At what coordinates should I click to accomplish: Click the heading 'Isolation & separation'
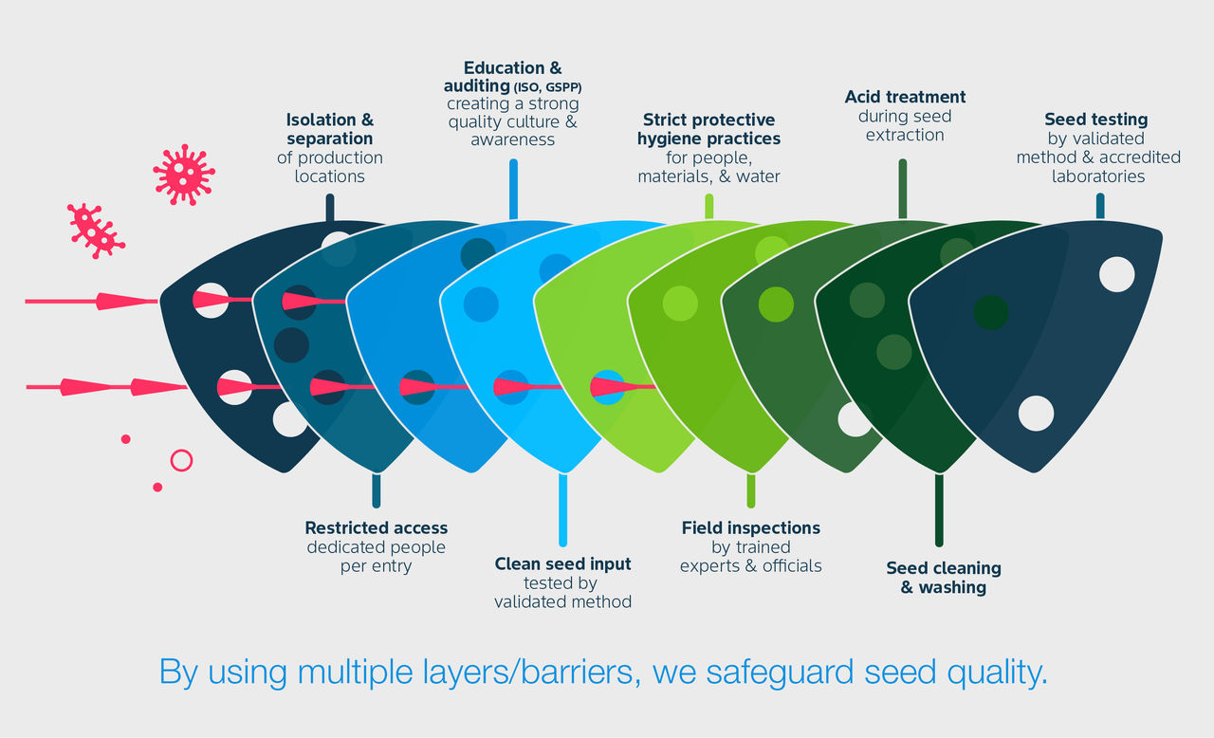(330, 130)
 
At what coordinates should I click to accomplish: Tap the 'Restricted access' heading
(376, 527)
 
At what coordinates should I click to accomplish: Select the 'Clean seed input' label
(562, 563)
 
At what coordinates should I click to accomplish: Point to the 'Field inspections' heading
(750, 527)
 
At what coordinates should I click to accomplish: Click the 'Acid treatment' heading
(905, 97)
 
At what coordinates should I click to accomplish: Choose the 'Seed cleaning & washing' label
(943, 578)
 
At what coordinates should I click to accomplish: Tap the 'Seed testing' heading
(1095, 120)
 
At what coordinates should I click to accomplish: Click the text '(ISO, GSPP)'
(547, 87)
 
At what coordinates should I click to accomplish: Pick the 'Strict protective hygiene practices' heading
(708, 129)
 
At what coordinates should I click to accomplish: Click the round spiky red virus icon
(183, 174)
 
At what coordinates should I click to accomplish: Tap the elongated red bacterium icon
(95, 230)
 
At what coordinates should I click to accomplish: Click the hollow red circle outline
(181, 460)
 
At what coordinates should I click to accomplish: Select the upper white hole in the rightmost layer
(1116, 274)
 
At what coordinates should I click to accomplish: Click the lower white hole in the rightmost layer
(1036, 414)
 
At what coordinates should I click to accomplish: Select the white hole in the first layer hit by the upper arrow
(211, 300)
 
